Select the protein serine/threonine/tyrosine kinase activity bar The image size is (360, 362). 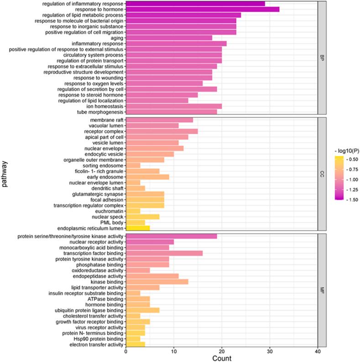[171, 236]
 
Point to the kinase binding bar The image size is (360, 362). [157, 282]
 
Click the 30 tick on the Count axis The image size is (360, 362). [270, 351]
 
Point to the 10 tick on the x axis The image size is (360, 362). [174, 351]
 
